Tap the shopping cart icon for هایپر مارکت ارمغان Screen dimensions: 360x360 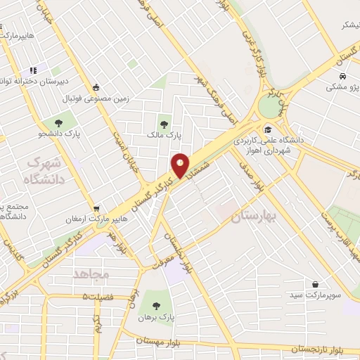(x=96, y=208)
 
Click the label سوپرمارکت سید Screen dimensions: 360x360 (x=314, y=295)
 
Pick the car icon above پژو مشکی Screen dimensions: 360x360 (x=341, y=77)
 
